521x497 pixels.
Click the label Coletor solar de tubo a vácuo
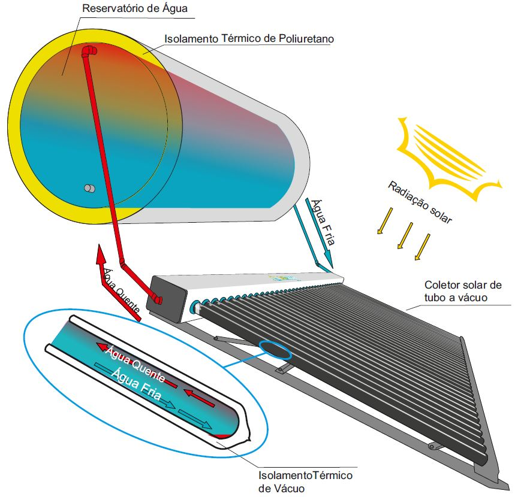pos(462,290)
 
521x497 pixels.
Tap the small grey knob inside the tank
pos(89,188)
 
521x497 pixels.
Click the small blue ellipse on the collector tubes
pos(276,349)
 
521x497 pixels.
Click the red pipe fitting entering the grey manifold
pos(157,298)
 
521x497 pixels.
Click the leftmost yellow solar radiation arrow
pos(384,221)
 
